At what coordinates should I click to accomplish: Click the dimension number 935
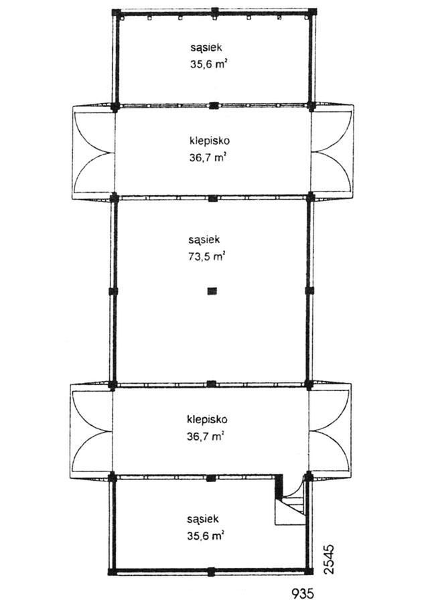click(x=303, y=594)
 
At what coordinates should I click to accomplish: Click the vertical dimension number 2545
click(x=330, y=559)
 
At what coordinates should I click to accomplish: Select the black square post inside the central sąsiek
click(x=212, y=291)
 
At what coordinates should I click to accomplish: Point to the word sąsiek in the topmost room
click(x=206, y=48)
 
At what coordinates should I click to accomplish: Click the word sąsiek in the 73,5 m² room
click(x=204, y=240)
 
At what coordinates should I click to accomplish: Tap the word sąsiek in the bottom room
click(x=203, y=520)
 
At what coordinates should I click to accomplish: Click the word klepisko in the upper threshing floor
click(x=209, y=141)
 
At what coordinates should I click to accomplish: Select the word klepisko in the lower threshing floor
click(x=207, y=420)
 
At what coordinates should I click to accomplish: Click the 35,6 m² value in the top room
click(x=209, y=64)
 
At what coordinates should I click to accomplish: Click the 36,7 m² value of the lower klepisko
click(x=206, y=437)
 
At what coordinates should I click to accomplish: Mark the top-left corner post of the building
click(x=116, y=12)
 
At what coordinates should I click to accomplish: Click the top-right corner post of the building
click(x=312, y=11)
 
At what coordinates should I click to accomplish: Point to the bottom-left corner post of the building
click(x=112, y=571)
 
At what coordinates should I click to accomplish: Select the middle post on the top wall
click(x=214, y=11)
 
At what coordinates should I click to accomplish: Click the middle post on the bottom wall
click(x=211, y=572)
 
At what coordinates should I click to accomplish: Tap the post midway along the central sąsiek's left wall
click(x=113, y=291)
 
